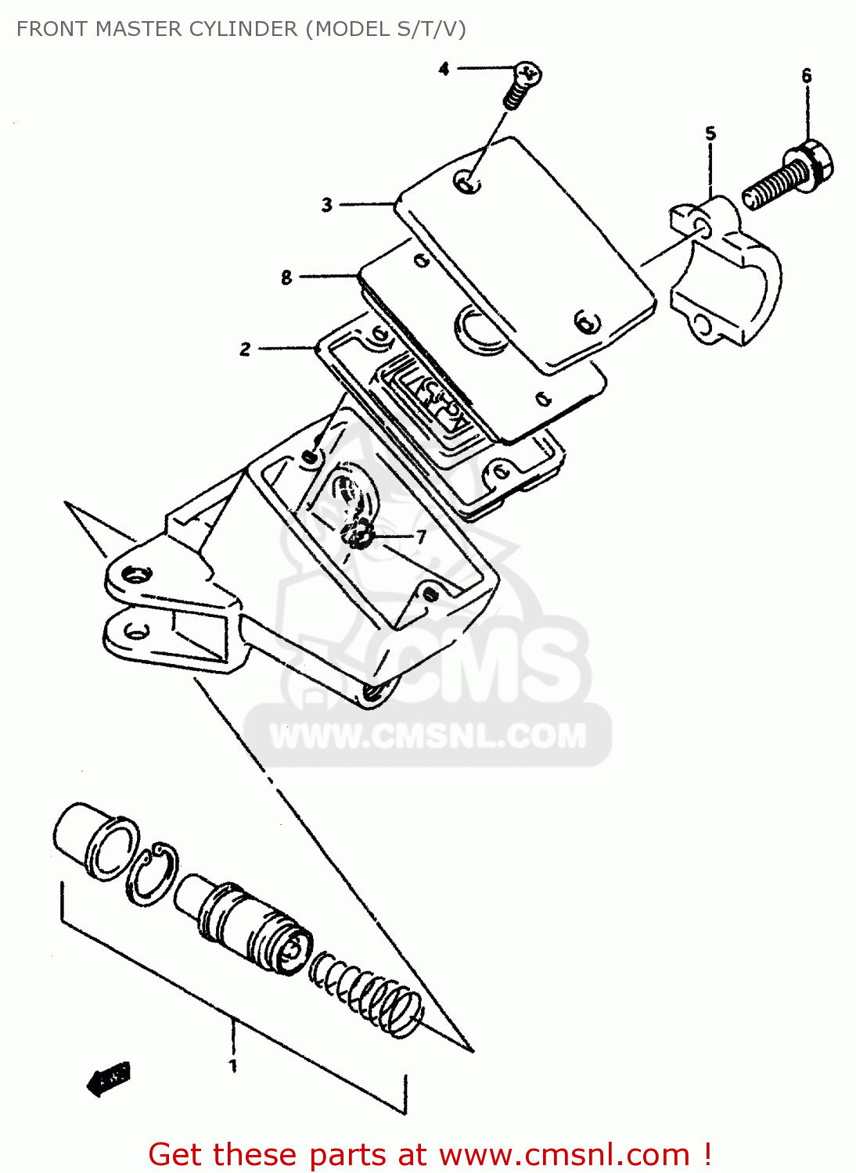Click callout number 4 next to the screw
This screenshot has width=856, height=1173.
444,69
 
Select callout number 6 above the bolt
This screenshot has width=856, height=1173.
806,76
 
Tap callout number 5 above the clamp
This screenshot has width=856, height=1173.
710,133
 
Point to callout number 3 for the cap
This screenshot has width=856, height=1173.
327,205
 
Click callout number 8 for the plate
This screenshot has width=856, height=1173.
286,277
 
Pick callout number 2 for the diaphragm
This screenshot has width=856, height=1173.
246,349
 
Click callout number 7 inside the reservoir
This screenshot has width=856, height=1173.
421,536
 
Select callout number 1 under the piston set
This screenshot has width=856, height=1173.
232,1065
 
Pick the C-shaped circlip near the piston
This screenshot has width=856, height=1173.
153,873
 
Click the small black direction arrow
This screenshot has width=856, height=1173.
108,1080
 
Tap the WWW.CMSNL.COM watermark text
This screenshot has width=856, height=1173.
427,736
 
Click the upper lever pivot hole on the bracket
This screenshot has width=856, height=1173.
138,576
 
